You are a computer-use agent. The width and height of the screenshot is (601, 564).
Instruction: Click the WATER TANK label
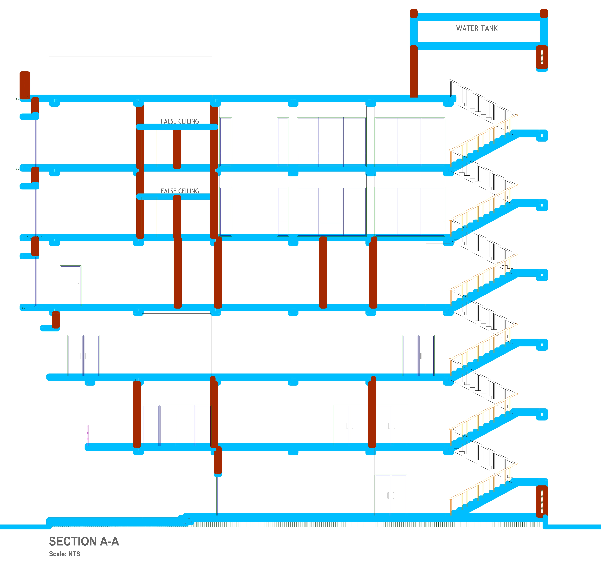477,28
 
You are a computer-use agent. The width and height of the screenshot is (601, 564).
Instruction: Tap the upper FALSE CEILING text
180,121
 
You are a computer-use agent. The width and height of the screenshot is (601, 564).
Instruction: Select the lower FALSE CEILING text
180,191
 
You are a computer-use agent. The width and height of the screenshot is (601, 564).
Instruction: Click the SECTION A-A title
84,541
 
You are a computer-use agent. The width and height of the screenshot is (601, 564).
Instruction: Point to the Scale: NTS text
65,554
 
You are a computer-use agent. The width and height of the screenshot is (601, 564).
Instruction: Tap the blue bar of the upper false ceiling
177,127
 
